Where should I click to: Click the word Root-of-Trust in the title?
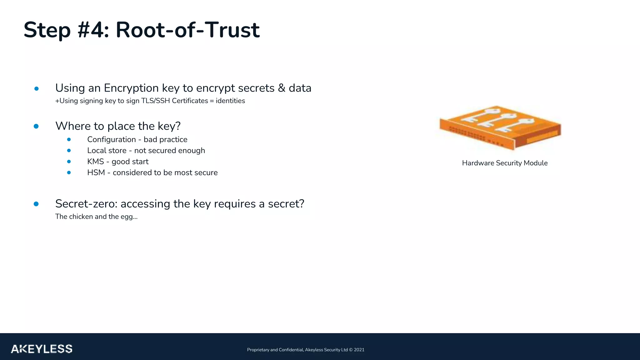tap(187, 30)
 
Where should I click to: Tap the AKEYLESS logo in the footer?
tap(42, 349)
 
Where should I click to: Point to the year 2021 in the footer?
tap(359, 350)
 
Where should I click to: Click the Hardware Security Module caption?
tap(505, 163)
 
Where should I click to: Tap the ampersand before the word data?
tap(282, 88)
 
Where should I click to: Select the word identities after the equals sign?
tap(230, 101)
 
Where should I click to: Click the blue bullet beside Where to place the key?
tap(36, 126)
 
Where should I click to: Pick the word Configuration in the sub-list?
tap(112, 139)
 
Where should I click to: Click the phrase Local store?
tap(107, 150)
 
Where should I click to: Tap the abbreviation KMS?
tap(95, 162)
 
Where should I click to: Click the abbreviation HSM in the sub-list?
tap(96, 172)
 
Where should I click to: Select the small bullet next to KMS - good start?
tap(69, 162)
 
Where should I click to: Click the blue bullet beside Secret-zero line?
tap(36, 204)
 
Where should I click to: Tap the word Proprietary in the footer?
tap(258, 350)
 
